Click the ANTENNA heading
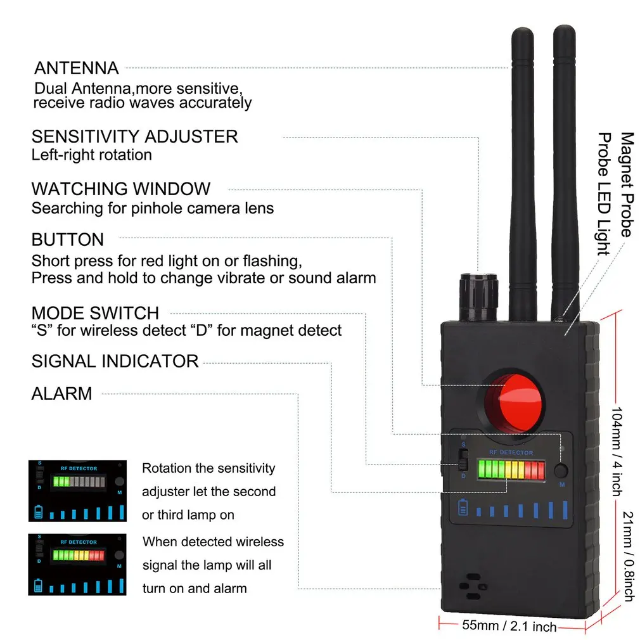[77, 68]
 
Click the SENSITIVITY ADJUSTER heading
[135, 136]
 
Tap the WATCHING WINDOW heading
[121, 189]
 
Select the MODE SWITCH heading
[95, 313]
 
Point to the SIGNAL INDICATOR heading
[115, 361]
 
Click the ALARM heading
[62, 394]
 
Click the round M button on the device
[560, 471]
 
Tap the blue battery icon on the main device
[463, 508]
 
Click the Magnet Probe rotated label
[627, 184]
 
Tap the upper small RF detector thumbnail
[77, 490]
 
